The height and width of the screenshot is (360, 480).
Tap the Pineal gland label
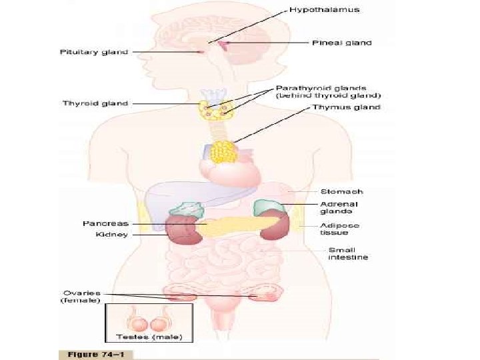(x=342, y=43)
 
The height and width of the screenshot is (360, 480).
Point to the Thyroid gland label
(x=95, y=103)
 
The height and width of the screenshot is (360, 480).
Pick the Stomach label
(x=341, y=191)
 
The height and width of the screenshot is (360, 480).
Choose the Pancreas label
(x=105, y=223)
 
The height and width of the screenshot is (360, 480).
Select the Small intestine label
(x=347, y=254)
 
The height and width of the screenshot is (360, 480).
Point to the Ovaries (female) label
(x=81, y=296)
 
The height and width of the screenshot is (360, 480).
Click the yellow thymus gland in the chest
(x=221, y=152)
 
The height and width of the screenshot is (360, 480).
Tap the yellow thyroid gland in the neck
(x=215, y=109)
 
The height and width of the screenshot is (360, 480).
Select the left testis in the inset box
(x=139, y=324)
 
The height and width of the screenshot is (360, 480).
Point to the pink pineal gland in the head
(x=228, y=43)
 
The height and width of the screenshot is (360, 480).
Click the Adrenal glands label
(x=339, y=207)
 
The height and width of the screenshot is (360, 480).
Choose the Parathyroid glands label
(x=325, y=91)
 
